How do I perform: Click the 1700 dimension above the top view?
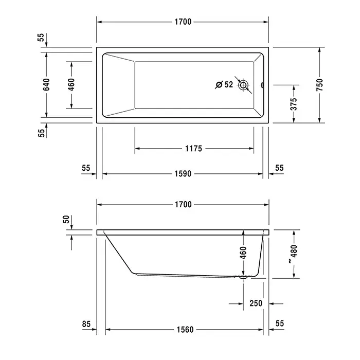(183, 22)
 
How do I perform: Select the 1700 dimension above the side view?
(183, 205)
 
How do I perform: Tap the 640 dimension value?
(46, 84)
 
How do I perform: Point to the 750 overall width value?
(319, 85)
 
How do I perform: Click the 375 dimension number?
(294, 104)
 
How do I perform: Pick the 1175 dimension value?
(193, 149)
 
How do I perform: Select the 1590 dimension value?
(183, 174)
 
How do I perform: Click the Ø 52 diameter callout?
(224, 84)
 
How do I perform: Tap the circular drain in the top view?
(243, 85)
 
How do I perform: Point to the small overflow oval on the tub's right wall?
(262, 85)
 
